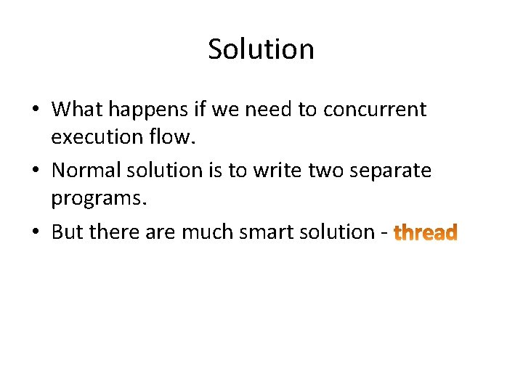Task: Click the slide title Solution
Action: pyautogui.click(x=261, y=49)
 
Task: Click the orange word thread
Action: pyautogui.click(x=425, y=233)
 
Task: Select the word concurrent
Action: pyautogui.click(x=375, y=110)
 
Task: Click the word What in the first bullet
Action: pyautogui.click(x=76, y=110)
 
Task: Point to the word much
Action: pyautogui.click(x=206, y=232)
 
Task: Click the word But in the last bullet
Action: pyautogui.click(x=67, y=232)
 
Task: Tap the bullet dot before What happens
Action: pyautogui.click(x=36, y=110)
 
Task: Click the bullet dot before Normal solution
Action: pyautogui.click(x=36, y=171)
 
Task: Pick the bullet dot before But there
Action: pyautogui.click(x=36, y=233)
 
